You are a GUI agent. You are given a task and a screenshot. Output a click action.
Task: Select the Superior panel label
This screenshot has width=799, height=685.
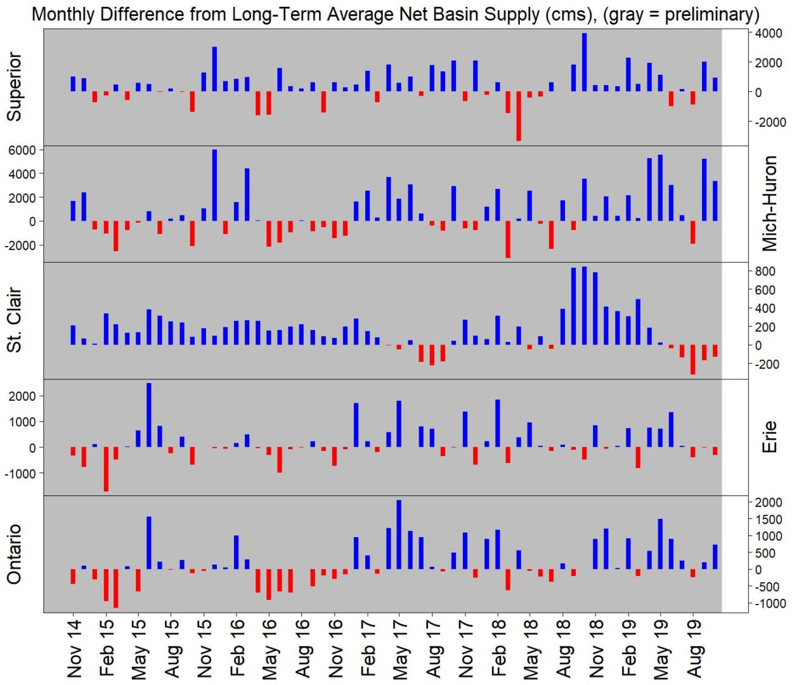(14, 87)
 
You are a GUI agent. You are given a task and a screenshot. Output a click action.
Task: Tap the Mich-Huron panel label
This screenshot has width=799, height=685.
(769, 204)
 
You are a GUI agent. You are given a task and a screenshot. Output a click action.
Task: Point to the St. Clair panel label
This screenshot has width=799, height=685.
(14, 320)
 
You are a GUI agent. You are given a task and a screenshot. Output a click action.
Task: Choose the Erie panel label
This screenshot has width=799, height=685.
(769, 437)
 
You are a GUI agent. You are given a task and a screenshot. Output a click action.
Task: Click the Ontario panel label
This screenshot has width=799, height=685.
(14, 554)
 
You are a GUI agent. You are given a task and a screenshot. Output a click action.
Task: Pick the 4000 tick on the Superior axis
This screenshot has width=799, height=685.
(768, 34)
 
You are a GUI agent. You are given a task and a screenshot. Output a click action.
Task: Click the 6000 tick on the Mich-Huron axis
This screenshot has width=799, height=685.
(21, 150)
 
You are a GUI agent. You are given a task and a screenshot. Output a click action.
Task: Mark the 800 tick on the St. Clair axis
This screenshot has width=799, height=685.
(764, 271)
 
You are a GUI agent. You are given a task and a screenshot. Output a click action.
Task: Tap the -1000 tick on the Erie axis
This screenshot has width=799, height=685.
(21, 474)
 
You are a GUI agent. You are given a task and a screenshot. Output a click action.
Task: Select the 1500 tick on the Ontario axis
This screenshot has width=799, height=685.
(768, 519)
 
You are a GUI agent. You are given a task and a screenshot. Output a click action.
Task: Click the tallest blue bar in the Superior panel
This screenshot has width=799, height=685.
(584, 62)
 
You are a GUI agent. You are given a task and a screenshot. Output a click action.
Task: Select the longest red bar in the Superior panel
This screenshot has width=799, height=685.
(519, 116)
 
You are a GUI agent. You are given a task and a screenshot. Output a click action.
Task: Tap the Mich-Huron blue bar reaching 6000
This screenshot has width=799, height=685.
(214, 185)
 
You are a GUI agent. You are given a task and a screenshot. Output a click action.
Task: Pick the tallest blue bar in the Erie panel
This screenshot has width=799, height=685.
(149, 415)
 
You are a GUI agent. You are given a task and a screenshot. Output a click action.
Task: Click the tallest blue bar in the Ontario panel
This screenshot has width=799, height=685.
(399, 535)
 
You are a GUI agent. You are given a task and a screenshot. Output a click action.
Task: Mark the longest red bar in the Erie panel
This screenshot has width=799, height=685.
(106, 469)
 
